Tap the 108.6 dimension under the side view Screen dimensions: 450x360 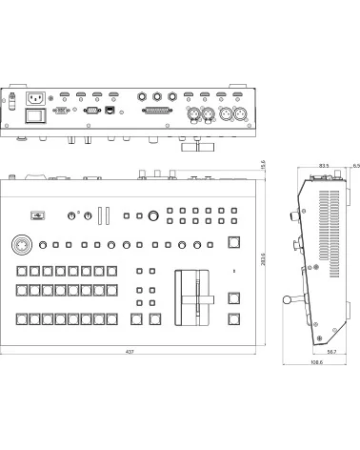tap(315, 361)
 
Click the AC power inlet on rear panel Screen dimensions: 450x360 tap(37, 97)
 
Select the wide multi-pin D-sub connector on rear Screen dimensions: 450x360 tap(155, 111)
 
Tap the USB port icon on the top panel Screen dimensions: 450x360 tap(37, 215)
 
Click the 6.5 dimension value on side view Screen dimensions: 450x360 tap(355, 166)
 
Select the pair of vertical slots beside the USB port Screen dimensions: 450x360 tap(104, 215)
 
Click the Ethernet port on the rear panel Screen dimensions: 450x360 tap(110, 111)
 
